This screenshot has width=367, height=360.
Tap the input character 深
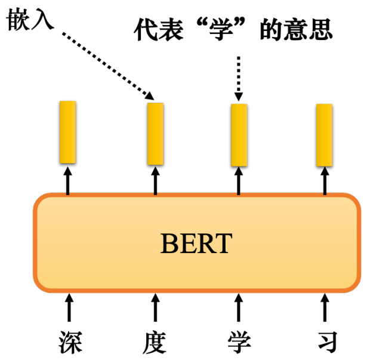click(x=70, y=341)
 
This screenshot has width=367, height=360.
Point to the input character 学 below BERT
click(x=239, y=341)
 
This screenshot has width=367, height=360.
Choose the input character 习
click(x=325, y=341)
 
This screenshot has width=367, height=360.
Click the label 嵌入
click(x=29, y=22)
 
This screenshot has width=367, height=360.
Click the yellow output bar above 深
click(x=67, y=132)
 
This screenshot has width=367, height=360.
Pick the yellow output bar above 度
click(x=155, y=133)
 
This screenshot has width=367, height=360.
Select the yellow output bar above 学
click(x=239, y=134)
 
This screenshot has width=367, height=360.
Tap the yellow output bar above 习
click(x=324, y=135)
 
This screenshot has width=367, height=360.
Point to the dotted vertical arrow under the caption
click(x=239, y=78)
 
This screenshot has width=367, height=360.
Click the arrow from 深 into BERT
click(x=70, y=308)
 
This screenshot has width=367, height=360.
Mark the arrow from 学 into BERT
click(x=239, y=308)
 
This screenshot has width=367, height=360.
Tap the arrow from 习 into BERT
click(x=325, y=308)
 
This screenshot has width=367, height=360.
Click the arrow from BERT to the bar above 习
click(x=325, y=181)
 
